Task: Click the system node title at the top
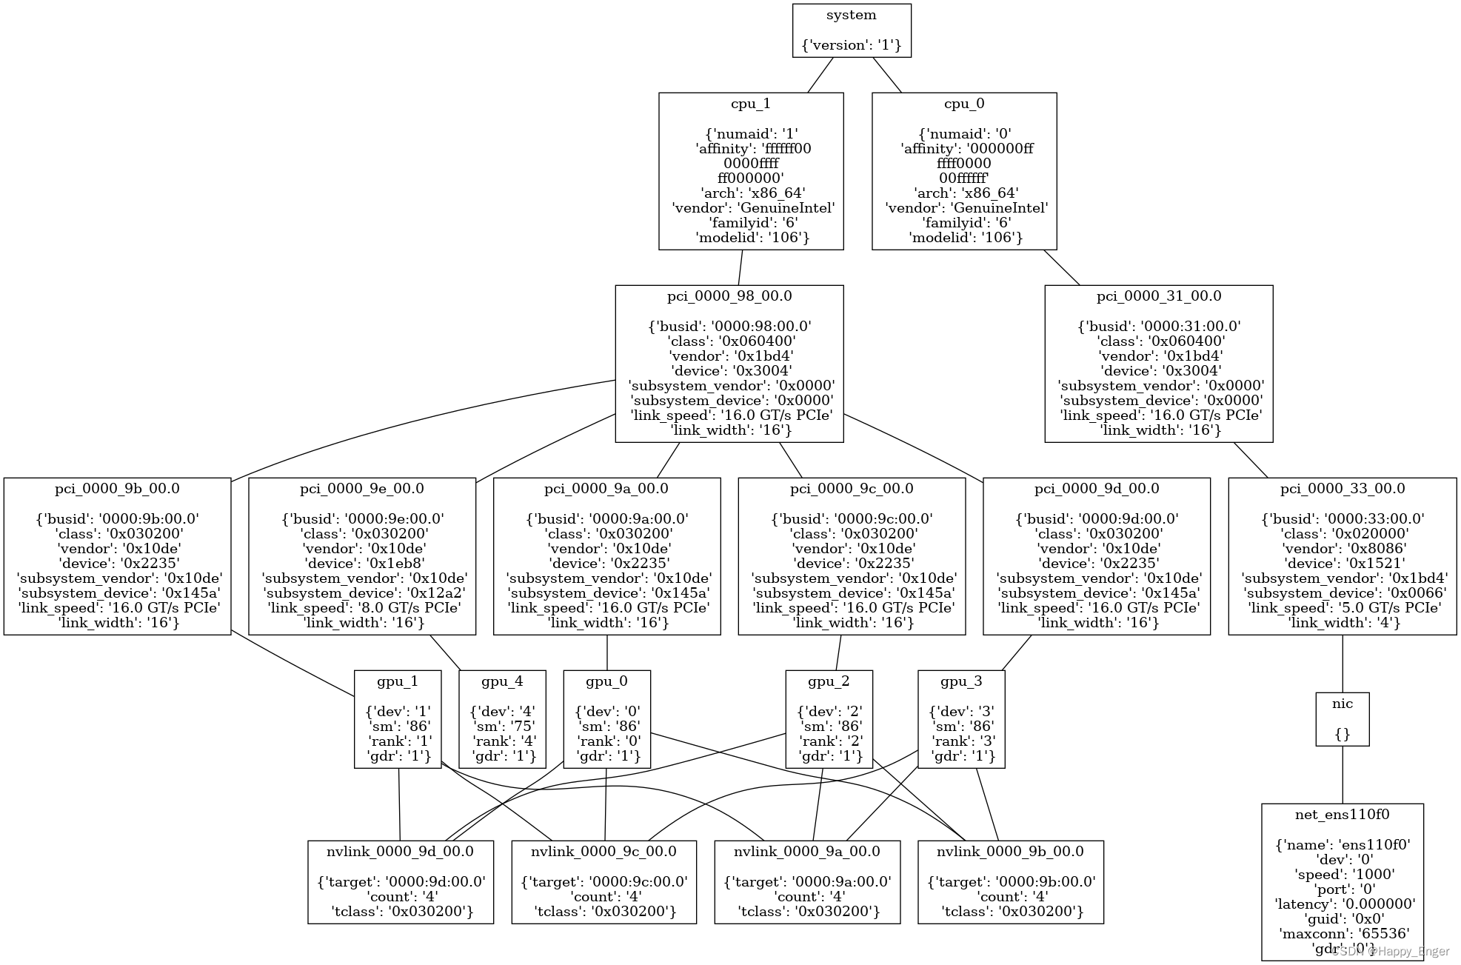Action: coord(851,15)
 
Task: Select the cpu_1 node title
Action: coord(750,104)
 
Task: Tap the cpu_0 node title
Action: coord(963,104)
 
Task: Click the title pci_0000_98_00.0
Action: coord(729,296)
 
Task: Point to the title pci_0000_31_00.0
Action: coord(1158,296)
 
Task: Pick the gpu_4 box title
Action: coord(501,681)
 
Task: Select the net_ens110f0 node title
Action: coord(1342,815)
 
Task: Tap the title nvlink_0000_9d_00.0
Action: coord(400,852)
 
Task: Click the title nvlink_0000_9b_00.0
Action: coord(1010,852)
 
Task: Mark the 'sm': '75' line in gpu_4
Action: coord(502,726)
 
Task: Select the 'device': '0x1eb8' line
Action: coord(362,563)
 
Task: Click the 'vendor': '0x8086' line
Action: coord(1342,548)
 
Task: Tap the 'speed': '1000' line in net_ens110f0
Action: coord(1342,874)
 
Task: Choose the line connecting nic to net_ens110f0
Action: coord(1342,775)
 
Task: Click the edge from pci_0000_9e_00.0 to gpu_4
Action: coord(445,652)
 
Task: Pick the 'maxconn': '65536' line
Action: coord(1342,933)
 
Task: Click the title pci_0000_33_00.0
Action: coord(1342,489)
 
